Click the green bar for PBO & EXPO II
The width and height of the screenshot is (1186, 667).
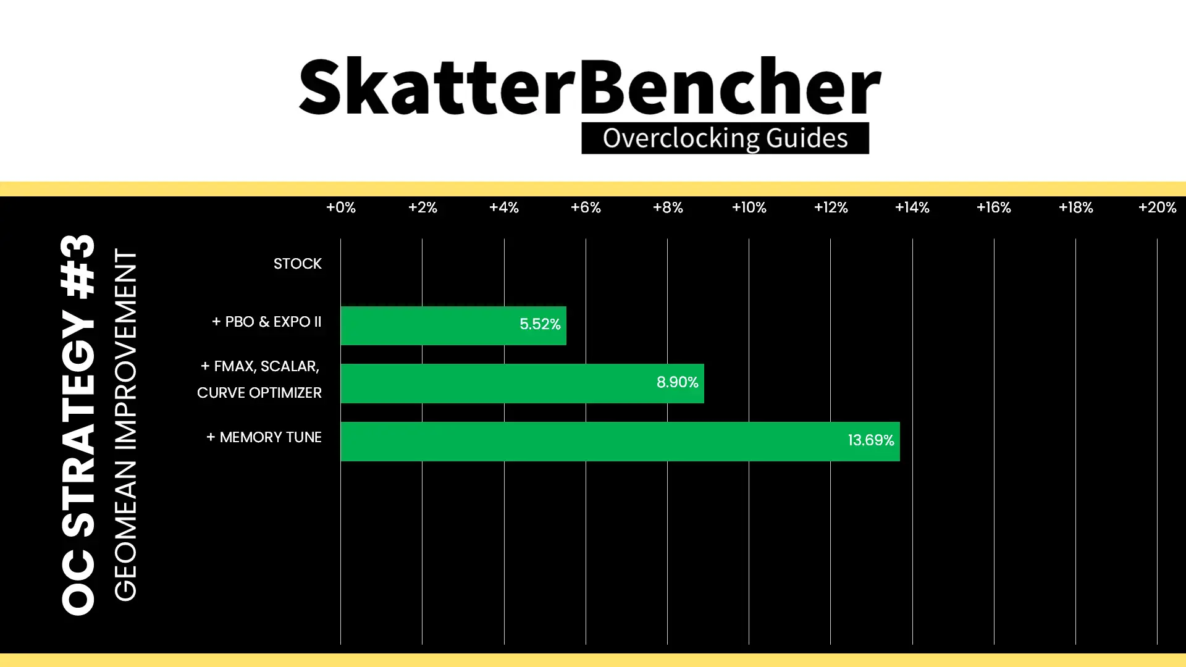pyautogui.click(x=453, y=325)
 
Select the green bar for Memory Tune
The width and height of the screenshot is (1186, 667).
pyautogui.click(x=620, y=442)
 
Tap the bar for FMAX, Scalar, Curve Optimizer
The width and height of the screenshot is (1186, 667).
pyautogui.click(x=522, y=384)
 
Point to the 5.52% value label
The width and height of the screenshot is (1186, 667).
pyautogui.click(x=540, y=324)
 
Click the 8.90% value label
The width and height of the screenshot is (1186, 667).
pyautogui.click(x=678, y=382)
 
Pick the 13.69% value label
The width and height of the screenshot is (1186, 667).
pyautogui.click(x=871, y=440)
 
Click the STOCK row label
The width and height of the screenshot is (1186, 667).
pyautogui.click(x=298, y=264)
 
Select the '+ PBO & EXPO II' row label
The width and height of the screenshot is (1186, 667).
pyautogui.click(x=267, y=322)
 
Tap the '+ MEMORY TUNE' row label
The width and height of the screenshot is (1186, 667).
pyautogui.click(x=264, y=437)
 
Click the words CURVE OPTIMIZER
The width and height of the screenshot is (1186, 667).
pyautogui.click(x=259, y=393)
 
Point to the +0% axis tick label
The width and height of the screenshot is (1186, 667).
pyautogui.click(x=341, y=208)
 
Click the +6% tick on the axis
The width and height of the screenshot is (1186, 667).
pyautogui.click(x=586, y=208)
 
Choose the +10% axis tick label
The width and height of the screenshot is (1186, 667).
pyautogui.click(x=749, y=208)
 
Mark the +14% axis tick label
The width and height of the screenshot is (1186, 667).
pyautogui.click(x=912, y=208)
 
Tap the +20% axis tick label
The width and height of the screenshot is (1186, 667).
pyautogui.click(x=1158, y=208)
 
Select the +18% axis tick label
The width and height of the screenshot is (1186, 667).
pyautogui.click(x=1076, y=208)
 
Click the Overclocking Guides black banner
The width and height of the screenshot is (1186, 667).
pyautogui.click(x=725, y=138)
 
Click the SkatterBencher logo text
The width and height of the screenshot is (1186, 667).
pyautogui.click(x=590, y=86)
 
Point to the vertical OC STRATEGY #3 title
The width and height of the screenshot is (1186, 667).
pyautogui.click(x=78, y=425)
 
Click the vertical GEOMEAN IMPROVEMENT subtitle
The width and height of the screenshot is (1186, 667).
pyautogui.click(x=125, y=425)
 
